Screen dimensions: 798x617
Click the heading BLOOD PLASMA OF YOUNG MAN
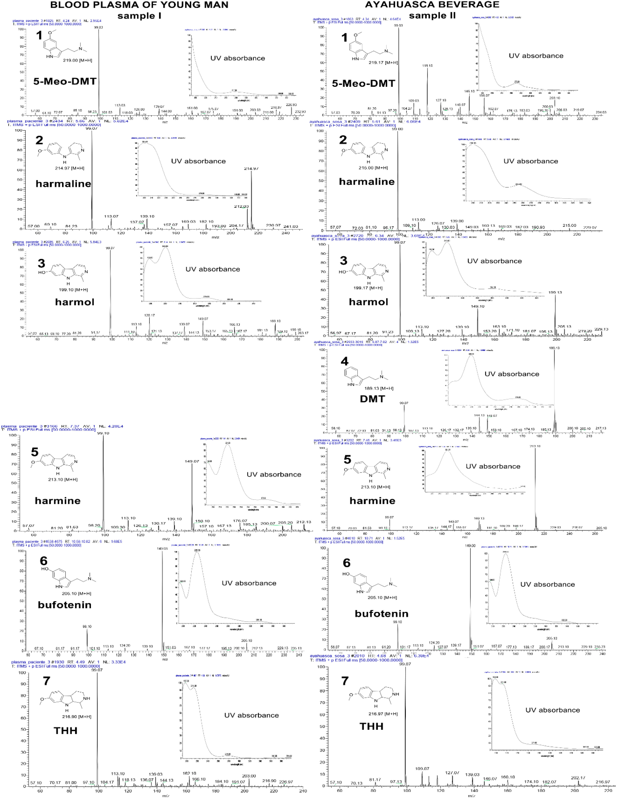pos(139,5)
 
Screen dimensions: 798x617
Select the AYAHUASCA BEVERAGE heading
pos(432,5)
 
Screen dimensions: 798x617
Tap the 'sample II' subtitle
pos(432,16)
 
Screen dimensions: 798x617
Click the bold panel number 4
pos(344,361)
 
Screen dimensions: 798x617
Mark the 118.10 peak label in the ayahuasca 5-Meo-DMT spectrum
pos(427,66)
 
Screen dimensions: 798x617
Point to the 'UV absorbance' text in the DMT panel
pos(512,374)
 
